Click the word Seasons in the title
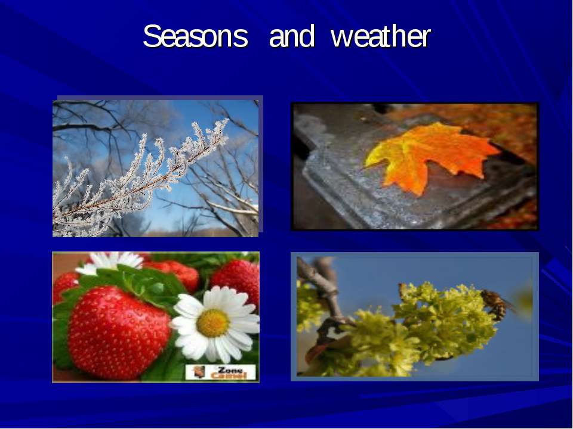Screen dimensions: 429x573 click(195, 37)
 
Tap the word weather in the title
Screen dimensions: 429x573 click(380, 37)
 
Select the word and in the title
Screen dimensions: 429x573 click(291, 37)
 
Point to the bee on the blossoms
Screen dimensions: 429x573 click(496, 303)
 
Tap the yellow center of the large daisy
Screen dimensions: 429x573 click(212, 323)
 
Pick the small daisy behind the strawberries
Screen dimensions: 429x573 click(110, 262)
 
